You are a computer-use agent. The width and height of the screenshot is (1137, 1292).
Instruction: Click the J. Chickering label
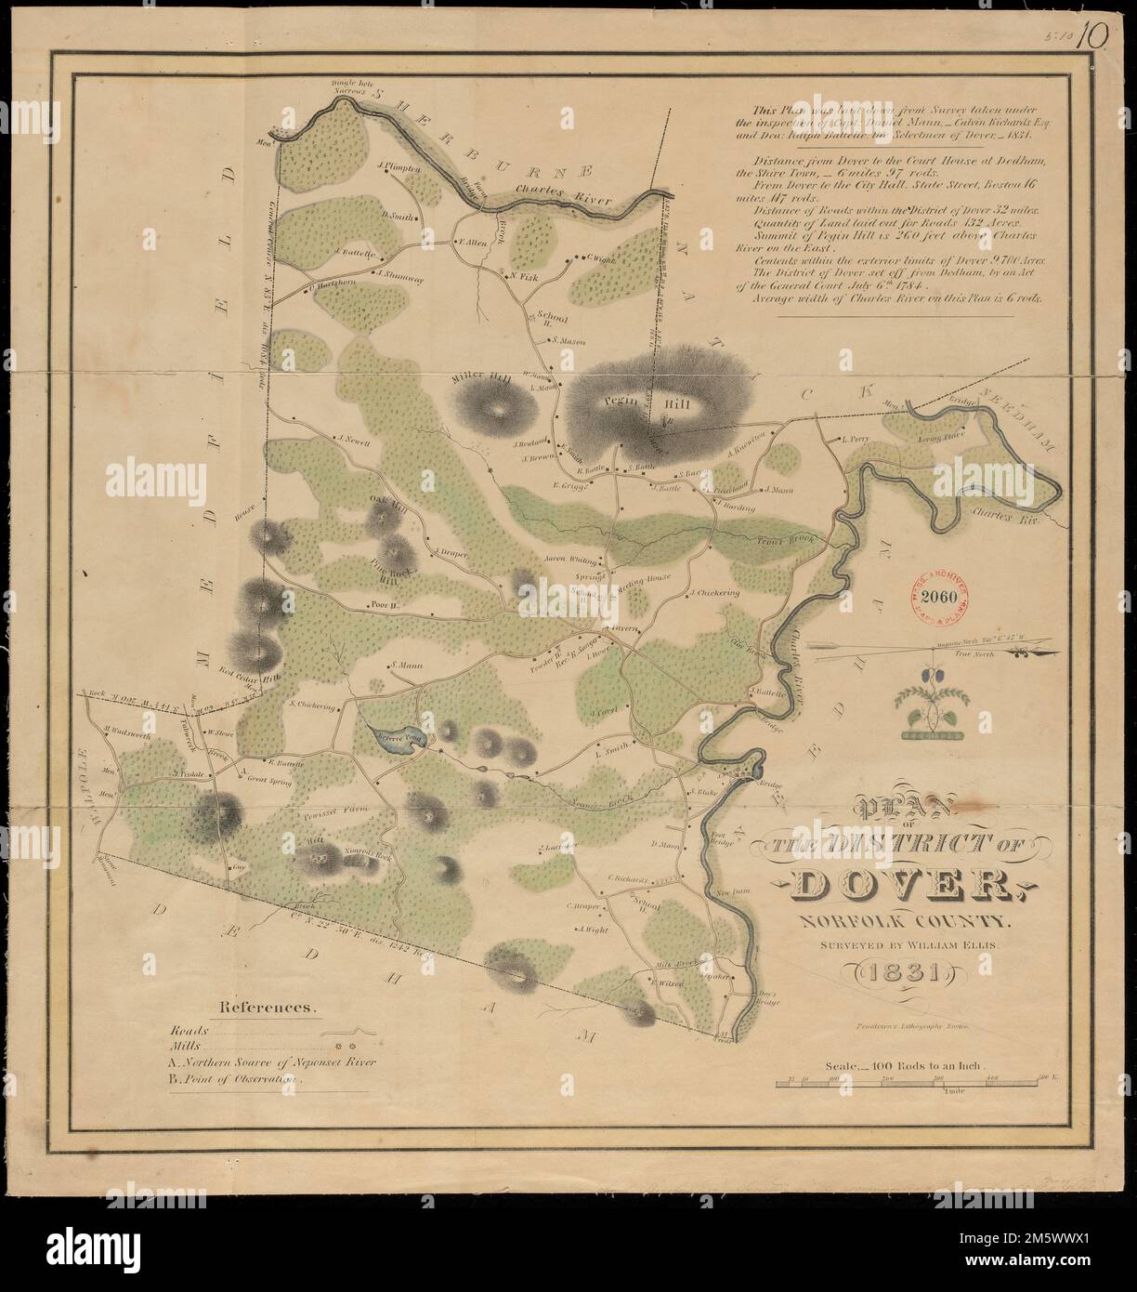click(714, 592)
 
